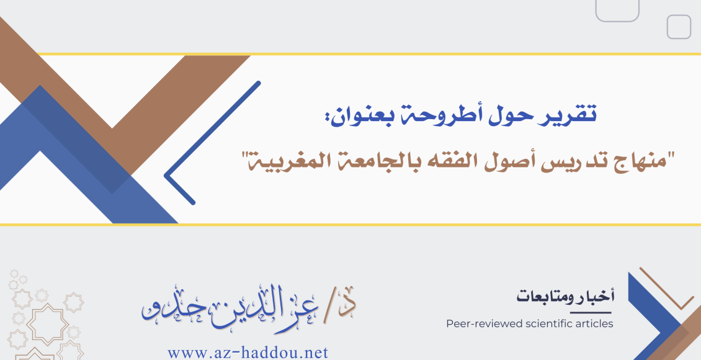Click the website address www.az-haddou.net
[248, 353]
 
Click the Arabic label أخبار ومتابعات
[565, 297]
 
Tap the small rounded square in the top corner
[679, 27]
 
